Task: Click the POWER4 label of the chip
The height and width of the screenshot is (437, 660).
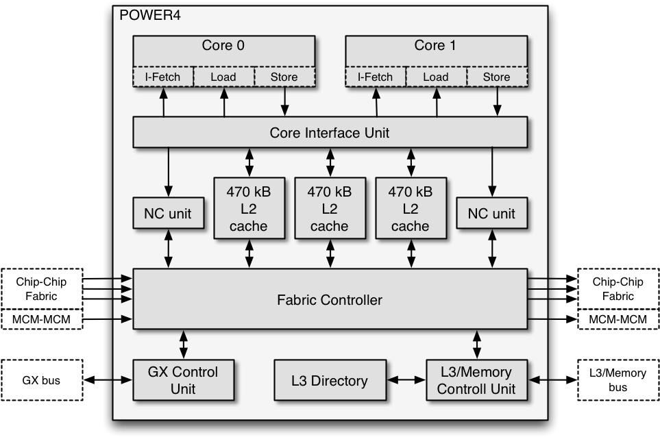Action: pos(150,15)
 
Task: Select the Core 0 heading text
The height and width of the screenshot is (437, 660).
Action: pos(223,46)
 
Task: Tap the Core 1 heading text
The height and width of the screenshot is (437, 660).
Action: pos(435,46)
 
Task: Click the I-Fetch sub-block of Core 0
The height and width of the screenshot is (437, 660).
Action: pos(162,77)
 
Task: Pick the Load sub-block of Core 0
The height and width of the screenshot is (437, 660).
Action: pos(223,77)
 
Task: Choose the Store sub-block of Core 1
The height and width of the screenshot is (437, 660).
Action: pos(496,77)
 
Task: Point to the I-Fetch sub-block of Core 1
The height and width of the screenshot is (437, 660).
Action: pos(375,77)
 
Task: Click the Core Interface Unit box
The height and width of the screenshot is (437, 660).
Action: pos(330,132)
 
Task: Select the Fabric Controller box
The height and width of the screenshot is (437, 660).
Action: pos(330,299)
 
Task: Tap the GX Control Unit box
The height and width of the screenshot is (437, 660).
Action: pos(183,380)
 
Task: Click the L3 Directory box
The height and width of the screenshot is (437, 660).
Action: pos(330,381)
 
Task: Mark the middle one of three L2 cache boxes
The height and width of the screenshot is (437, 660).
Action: pos(330,208)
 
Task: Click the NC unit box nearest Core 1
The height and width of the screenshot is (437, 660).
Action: pos(491,214)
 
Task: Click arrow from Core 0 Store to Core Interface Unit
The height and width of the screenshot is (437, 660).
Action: pos(284,102)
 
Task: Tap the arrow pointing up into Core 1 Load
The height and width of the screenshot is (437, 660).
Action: pos(437,102)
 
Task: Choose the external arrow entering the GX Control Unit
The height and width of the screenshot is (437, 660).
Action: pos(123,379)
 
